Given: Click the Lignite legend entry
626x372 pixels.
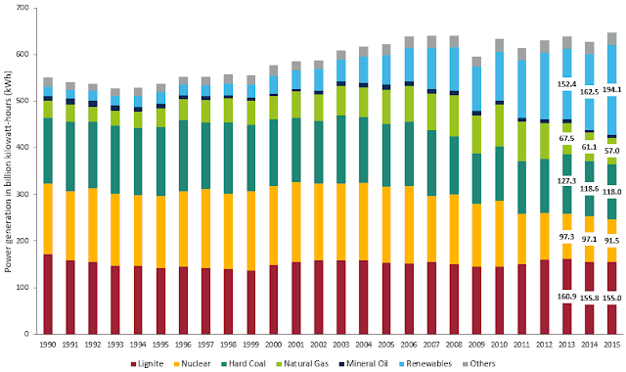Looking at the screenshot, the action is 148,363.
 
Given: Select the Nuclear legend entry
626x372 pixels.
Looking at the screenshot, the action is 192,363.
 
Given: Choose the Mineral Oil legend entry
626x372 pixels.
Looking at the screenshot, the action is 363,363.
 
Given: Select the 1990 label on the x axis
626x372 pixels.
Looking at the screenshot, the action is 48,345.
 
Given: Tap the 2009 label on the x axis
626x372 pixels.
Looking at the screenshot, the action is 476,345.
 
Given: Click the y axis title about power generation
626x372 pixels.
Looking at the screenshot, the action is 8,171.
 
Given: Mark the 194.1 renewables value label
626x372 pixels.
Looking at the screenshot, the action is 612,89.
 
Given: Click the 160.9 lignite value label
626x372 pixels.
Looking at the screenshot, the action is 567,297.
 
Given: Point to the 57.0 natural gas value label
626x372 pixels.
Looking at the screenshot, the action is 612,151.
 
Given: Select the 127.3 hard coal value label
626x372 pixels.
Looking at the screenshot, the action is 567,181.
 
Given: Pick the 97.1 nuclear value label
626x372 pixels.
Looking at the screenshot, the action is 589,239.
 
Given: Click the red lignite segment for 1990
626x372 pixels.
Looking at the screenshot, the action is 48,294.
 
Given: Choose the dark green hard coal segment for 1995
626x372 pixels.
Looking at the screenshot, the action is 160,162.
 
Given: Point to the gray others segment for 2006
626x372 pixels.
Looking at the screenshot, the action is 409,42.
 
